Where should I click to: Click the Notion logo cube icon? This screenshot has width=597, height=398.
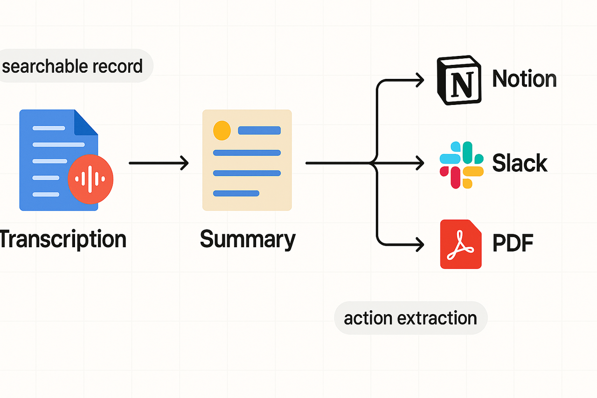pyautogui.click(x=459, y=81)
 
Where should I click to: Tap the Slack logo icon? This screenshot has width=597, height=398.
pyautogui.click(x=461, y=165)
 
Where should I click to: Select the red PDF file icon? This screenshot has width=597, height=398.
pyautogui.click(x=461, y=244)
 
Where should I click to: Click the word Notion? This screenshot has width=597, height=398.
pyautogui.click(x=524, y=78)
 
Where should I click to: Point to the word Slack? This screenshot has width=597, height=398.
pyautogui.click(x=520, y=163)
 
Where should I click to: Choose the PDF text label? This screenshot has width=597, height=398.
pyautogui.click(x=513, y=243)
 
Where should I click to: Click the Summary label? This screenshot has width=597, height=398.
pyautogui.click(x=247, y=239)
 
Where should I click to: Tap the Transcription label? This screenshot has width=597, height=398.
pyautogui.click(x=63, y=239)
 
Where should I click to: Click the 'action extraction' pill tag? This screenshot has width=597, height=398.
pyautogui.click(x=410, y=318)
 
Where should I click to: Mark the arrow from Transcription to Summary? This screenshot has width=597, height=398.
pyautogui.click(x=159, y=163)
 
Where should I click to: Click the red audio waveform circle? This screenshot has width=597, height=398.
pyautogui.click(x=90, y=178)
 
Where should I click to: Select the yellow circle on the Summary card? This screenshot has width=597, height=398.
pyautogui.click(x=222, y=130)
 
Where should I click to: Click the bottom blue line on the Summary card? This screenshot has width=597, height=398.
pyautogui.click(x=236, y=193)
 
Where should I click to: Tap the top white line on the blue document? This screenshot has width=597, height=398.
pyautogui.click(x=49, y=128)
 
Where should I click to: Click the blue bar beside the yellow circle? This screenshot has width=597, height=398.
pyautogui.click(x=259, y=130)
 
